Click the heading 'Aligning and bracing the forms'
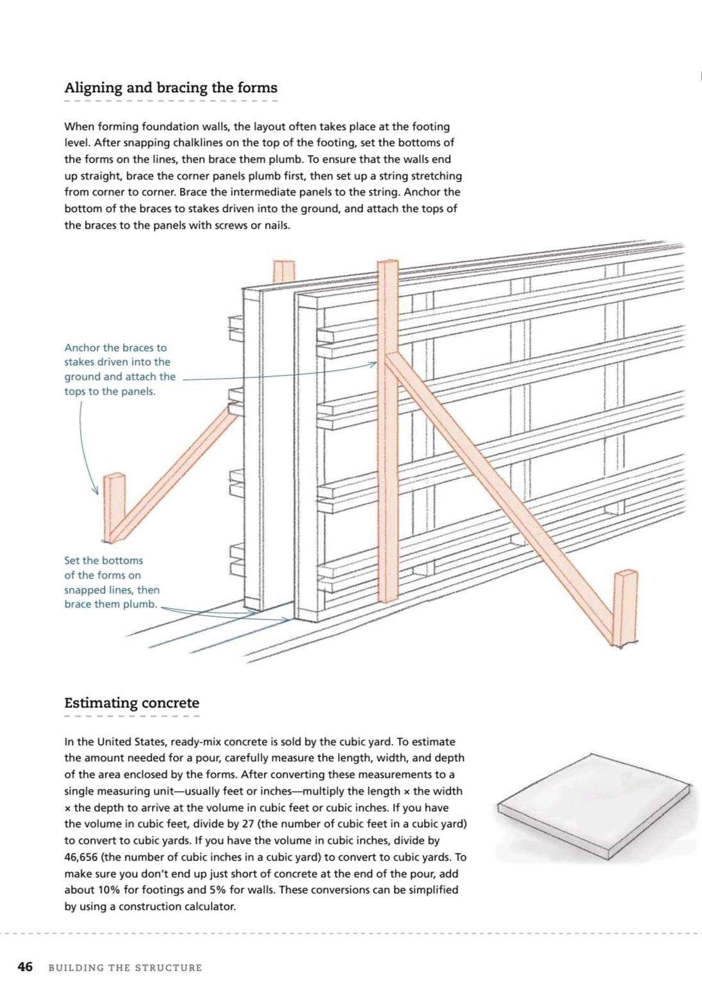[x=170, y=88]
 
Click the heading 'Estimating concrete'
[x=131, y=703]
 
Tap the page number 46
[x=25, y=967]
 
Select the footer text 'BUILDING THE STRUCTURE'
[x=125, y=968]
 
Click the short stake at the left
[x=115, y=506]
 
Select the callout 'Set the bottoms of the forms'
[x=111, y=582]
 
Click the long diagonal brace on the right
[x=500, y=500]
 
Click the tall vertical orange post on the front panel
[x=388, y=429]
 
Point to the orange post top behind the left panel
[x=284, y=271]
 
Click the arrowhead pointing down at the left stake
[x=96, y=492]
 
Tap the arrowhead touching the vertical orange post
[x=373, y=364]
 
